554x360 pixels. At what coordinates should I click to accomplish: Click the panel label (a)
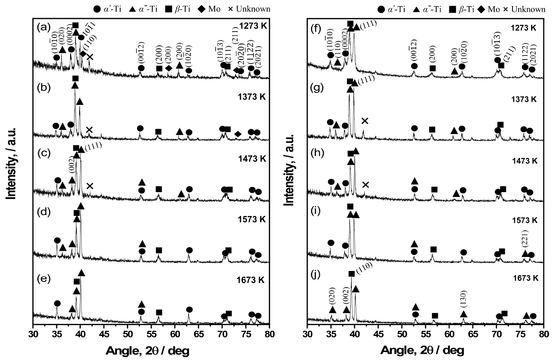(43, 28)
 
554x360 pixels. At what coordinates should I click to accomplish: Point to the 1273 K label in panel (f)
(521, 28)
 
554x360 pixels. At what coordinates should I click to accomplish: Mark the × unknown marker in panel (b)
(89, 130)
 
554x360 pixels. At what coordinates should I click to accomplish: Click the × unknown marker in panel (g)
(364, 121)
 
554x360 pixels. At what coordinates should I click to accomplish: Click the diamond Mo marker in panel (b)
(238, 134)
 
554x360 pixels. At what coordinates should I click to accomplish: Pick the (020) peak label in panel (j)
(332, 299)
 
